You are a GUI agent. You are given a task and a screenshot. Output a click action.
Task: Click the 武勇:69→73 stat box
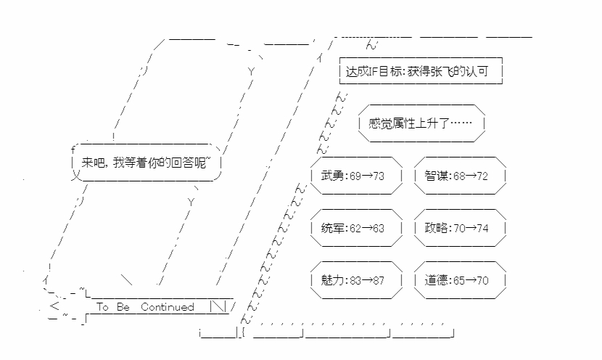pyautogui.click(x=355, y=176)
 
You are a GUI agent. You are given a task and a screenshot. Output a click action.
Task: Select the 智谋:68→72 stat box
pyautogui.click(x=461, y=176)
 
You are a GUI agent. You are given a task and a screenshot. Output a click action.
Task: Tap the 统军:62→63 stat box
pyautogui.click(x=355, y=228)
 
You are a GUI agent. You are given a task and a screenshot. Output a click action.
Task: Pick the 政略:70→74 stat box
pyautogui.click(x=461, y=228)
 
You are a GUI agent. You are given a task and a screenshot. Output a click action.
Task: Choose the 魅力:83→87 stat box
pyautogui.click(x=355, y=280)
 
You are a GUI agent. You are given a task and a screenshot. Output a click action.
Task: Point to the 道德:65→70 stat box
pyautogui.click(x=461, y=280)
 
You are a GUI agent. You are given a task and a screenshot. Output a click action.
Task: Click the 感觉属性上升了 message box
pyautogui.click(x=421, y=123)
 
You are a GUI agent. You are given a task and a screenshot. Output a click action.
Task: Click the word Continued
pyautogui.click(x=168, y=307)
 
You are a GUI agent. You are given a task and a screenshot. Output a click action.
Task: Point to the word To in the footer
pyautogui.click(x=102, y=307)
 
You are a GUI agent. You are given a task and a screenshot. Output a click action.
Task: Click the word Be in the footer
pyautogui.click(x=123, y=307)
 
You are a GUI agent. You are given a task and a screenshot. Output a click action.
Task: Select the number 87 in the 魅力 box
pyautogui.click(x=377, y=280)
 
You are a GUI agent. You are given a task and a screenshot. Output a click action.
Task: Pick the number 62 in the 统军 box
pyautogui.click(x=355, y=228)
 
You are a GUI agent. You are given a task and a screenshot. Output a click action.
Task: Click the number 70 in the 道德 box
pyautogui.click(x=482, y=280)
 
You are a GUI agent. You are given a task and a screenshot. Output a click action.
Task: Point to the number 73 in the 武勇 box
pyautogui.click(x=377, y=176)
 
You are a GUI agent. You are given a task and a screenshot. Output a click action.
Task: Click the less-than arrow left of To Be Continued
pyautogui.click(x=54, y=306)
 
